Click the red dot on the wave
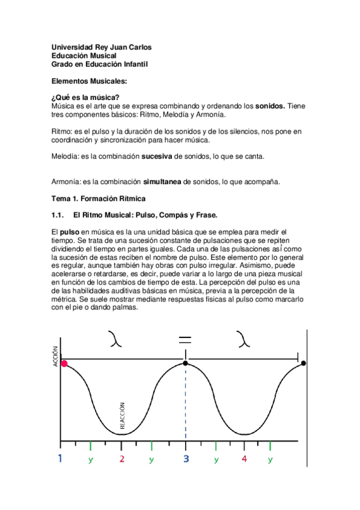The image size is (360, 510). point(64,363)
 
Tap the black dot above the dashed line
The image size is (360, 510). point(185,363)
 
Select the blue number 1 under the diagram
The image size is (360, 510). point(60,459)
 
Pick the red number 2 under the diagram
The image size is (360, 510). point(122,459)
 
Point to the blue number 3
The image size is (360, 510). point(185,459)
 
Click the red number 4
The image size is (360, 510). point(244,459)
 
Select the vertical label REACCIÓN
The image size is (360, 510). point(122,414)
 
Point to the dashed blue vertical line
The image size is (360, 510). point(185,409)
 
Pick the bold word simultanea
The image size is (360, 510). point(159,181)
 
